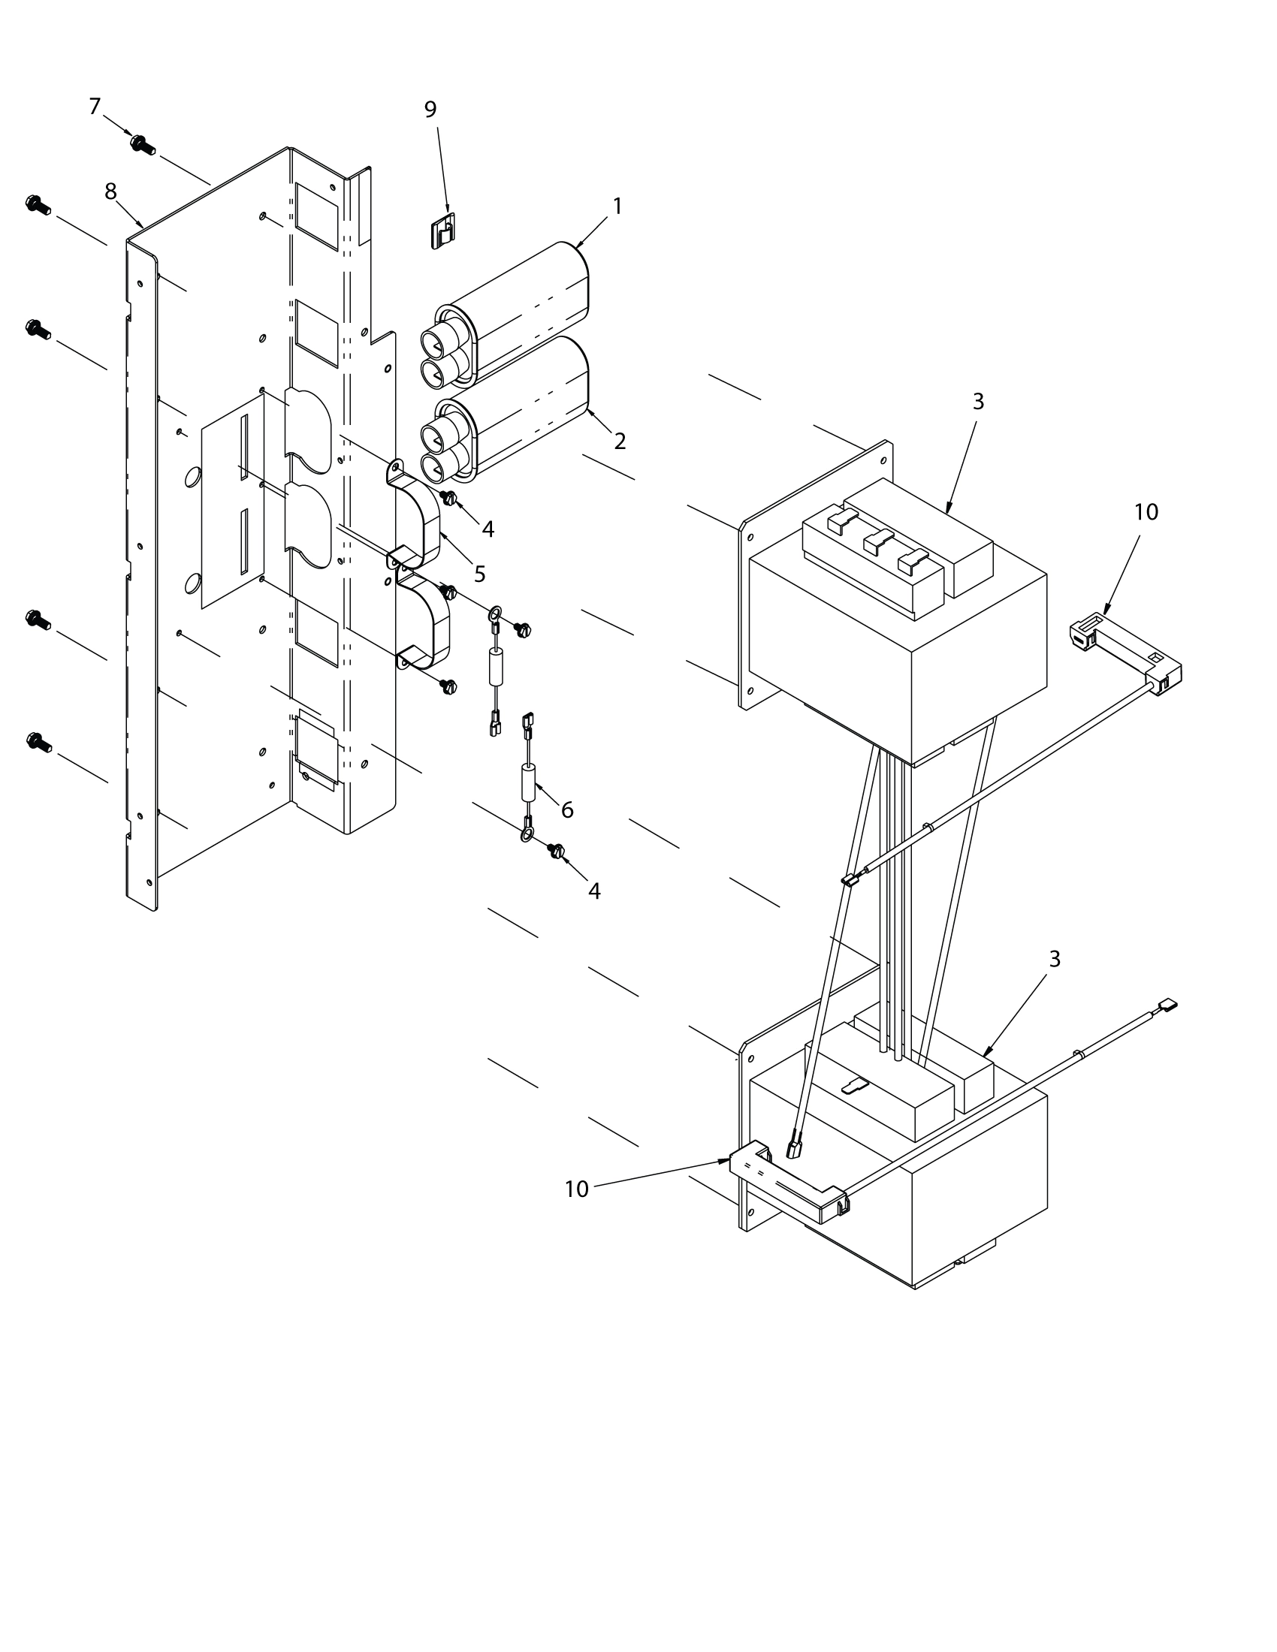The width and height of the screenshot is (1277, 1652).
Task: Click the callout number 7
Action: (95, 107)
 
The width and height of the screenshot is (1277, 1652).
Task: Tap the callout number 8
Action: (110, 192)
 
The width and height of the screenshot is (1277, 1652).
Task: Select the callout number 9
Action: (430, 110)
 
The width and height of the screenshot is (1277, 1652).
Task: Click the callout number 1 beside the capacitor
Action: (617, 206)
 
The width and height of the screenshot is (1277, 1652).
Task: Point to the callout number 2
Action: (620, 441)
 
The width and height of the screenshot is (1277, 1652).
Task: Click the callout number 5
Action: (480, 574)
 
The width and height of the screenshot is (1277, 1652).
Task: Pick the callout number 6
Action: (566, 810)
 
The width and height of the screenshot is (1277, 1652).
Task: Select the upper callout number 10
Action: (1146, 512)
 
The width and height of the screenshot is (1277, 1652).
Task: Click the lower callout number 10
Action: (576, 1189)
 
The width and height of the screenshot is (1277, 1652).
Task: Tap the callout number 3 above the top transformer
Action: (978, 402)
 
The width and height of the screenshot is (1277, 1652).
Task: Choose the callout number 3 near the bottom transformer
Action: (1055, 959)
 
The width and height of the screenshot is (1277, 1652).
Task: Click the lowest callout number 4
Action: (595, 891)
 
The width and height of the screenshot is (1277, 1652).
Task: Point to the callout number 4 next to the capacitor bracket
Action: (488, 529)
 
